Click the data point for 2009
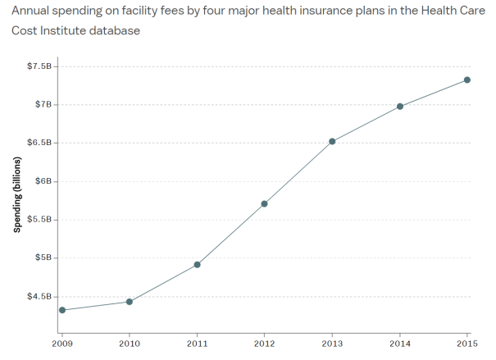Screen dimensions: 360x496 coord(62,310)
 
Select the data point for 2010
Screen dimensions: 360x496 coord(130,302)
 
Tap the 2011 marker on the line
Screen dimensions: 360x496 coord(197,264)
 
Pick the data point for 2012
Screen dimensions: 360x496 coord(264,203)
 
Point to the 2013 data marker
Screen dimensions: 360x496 coord(332,141)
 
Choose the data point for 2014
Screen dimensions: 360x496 coord(399,107)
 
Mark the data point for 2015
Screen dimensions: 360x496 coord(466,80)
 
